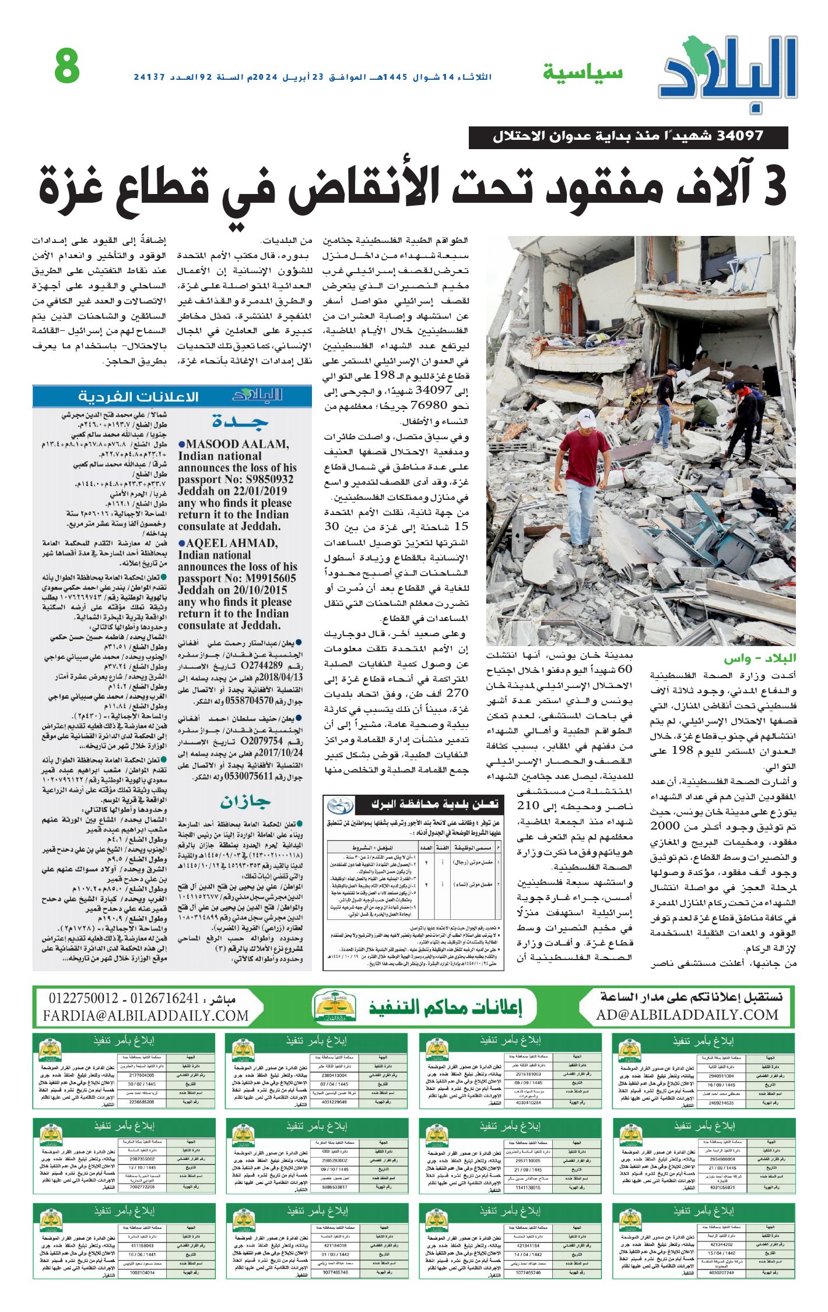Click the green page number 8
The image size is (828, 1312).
(67, 66)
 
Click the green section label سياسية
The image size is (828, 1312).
(583, 73)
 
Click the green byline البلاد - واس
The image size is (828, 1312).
(760, 659)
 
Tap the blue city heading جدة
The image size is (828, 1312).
(240, 421)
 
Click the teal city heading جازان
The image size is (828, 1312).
(244, 802)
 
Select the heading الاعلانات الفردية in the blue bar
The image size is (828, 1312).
(138, 397)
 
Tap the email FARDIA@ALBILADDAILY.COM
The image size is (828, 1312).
(146, 1015)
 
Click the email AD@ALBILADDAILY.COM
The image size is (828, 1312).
(687, 1015)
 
